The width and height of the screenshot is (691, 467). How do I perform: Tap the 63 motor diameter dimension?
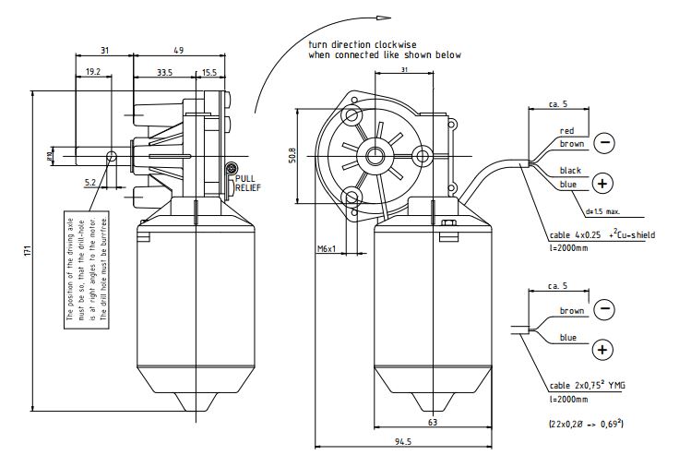pyautogui.click(x=432, y=422)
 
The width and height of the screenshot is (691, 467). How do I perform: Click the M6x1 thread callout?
pyautogui.click(x=327, y=249)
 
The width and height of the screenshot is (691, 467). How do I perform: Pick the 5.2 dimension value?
pyautogui.click(x=90, y=184)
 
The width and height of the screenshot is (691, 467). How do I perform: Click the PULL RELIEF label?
pyautogui.click(x=250, y=183)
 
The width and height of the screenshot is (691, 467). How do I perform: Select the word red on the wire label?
pyautogui.click(x=566, y=131)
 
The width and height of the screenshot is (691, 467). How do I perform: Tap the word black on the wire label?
pyautogui.click(x=570, y=171)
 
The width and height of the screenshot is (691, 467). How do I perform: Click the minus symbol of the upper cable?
pyautogui.click(x=603, y=142)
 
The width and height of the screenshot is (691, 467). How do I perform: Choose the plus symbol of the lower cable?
pyautogui.click(x=602, y=349)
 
